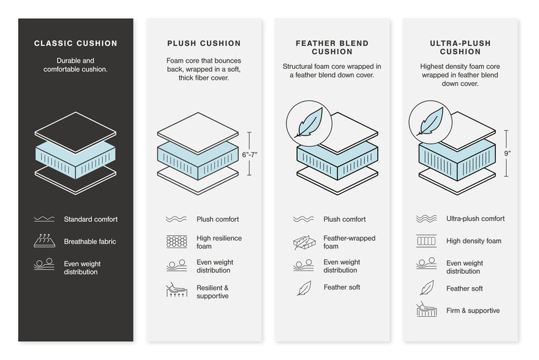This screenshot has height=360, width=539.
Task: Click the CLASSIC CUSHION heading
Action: (75, 44)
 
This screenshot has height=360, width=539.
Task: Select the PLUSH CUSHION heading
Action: (203, 44)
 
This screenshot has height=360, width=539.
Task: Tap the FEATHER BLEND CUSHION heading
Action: (332, 48)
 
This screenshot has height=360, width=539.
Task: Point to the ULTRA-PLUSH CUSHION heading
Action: (460, 48)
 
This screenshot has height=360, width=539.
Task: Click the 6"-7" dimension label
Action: (250, 154)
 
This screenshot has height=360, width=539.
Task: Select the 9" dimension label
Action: (507, 154)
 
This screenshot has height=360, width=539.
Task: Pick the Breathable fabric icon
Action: (44, 241)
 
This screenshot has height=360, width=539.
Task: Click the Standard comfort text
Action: (90, 219)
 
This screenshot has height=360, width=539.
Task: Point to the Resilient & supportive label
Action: (213, 292)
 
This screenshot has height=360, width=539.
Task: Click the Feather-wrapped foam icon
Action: (303, 242)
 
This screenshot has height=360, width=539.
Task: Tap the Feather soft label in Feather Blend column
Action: (342, 287)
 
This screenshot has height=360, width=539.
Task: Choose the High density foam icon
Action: (426, 241)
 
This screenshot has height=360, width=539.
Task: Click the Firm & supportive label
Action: (473, 311)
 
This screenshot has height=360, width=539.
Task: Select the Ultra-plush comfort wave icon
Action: (426, 219)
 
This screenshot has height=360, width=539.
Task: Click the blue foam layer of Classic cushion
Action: (75, 160)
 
